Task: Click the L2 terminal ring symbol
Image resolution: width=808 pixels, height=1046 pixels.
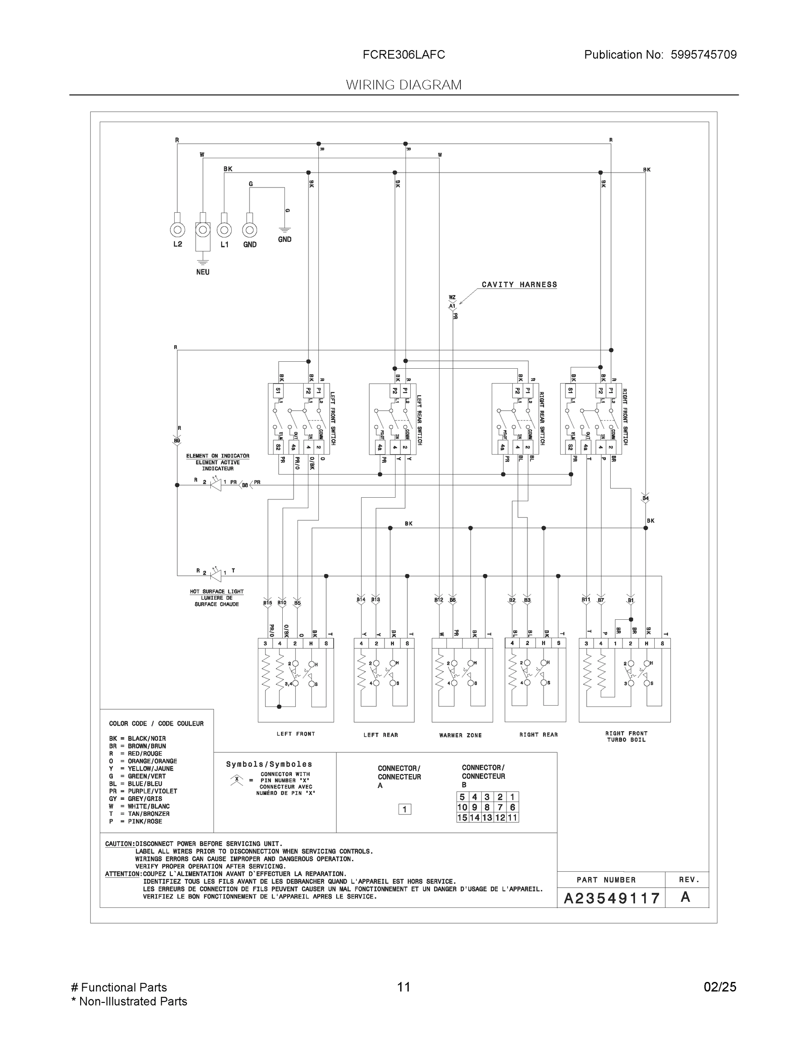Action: coord(178,230)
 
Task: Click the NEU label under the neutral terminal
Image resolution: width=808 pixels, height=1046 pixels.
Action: coord(203,272)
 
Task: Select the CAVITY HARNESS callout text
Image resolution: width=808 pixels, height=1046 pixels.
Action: coord(519,285)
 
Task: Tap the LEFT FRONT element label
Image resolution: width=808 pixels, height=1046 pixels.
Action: coord(295,734)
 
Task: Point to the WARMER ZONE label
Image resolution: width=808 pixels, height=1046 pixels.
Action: coord(460,735)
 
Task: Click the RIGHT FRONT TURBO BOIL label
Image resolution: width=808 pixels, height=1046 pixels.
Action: coord(626,737)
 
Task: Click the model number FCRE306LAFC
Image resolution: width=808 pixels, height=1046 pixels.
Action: coord(403,54)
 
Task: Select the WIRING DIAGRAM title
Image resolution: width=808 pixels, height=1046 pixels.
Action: coord(403,85)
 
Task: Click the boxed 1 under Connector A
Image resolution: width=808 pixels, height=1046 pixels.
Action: coord(405,809)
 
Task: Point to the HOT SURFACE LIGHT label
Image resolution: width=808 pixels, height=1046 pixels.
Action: coord(216,591)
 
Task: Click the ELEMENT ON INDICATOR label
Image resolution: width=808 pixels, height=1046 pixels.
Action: coord(217,456)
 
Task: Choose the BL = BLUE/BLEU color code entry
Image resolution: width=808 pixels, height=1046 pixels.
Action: coord(135,784)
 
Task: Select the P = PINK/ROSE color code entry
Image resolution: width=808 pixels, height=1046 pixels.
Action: coord(135,822)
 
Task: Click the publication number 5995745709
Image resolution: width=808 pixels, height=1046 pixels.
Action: coord(703,54)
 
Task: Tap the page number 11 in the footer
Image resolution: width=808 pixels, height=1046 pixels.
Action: coord(403,987)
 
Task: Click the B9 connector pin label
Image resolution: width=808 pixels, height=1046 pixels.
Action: coord(177,441)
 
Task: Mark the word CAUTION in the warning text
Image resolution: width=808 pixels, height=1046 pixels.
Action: coord(119,844)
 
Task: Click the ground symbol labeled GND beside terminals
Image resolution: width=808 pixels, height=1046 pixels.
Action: coord(284,233)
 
